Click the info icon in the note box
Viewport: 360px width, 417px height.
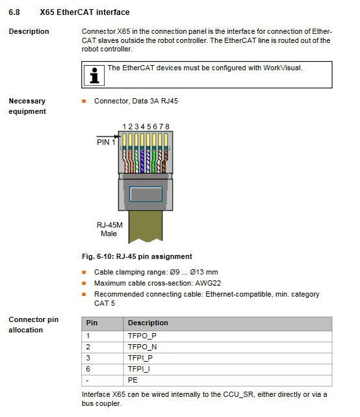(x=94, y=75)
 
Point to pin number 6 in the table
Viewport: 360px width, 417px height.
(x=88, y=369)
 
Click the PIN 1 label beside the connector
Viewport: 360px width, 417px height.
(x=106, y=142)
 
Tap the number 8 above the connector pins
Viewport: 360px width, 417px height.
(x=167, y=127)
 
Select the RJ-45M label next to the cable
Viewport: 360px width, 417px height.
(x=110, y=225)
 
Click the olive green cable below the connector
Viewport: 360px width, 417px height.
(x=146, y=226)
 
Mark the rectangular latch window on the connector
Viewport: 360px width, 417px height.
(x=146, y=194)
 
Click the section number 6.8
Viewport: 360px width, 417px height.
(x=14, y=12)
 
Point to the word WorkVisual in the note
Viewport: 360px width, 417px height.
(x=283, y=68)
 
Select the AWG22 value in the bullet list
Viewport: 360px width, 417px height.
(x=208, y=283)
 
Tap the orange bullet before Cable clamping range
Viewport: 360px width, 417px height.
(x=84, y=273)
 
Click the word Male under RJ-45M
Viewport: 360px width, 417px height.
(x=109, y=234)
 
